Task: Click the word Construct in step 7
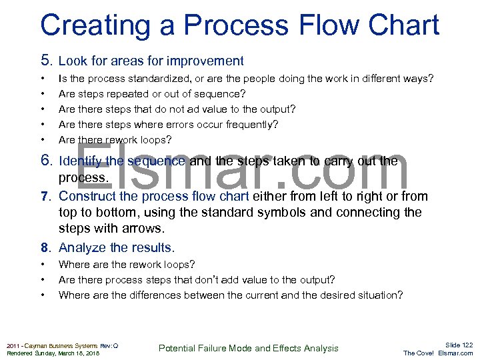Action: pyautogui.click(x=87, y=197)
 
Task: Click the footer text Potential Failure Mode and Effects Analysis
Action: pyautogui.click(x=248, y=348)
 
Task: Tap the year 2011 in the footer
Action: pyautogui.click(x=13, y=345)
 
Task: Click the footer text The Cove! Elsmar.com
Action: pyautogui.click(x=438, y=353)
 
